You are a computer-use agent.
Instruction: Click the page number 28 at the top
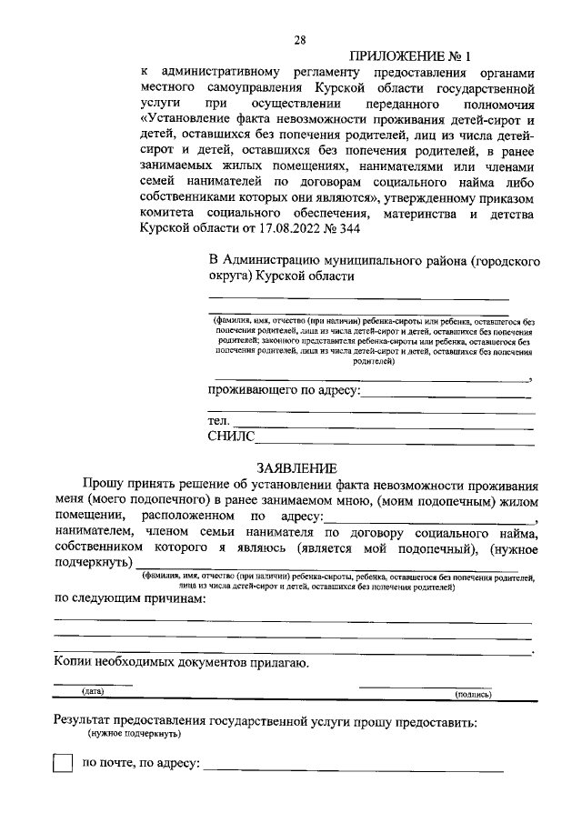(300, 39)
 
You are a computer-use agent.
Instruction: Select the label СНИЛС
(232, 437)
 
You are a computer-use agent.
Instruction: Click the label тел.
(219, 420)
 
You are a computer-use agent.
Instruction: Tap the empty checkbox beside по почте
(63, 762)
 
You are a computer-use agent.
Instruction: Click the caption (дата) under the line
(93, 692)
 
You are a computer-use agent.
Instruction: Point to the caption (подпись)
(473, 694)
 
